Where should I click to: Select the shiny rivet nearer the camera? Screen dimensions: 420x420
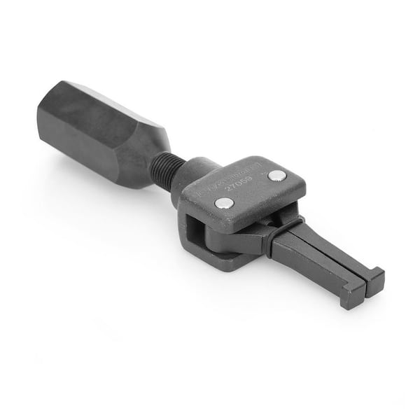click(x=225, y=202)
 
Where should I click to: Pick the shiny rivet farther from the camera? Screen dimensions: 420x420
click(x=277, y=175)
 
